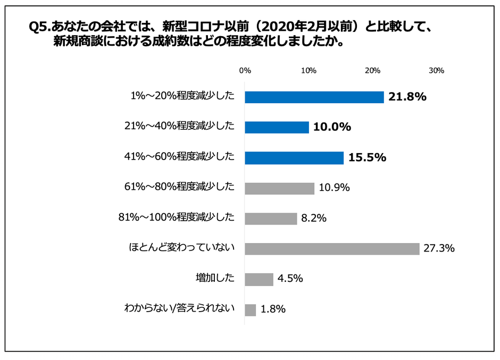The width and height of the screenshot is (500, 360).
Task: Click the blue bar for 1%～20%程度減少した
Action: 314,97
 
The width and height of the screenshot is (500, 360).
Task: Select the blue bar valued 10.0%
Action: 277,127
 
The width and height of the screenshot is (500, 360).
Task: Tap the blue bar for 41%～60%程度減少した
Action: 294,157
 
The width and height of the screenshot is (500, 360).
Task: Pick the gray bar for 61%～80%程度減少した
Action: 279,188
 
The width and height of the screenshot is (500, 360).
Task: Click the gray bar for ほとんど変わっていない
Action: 332,248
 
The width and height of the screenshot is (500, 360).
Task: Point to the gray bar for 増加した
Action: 259,279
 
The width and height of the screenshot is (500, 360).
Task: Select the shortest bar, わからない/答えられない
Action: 251,309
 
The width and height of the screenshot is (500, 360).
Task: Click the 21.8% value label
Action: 408,97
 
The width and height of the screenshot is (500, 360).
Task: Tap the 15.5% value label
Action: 367,157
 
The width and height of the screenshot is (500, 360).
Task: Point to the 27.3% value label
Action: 439,248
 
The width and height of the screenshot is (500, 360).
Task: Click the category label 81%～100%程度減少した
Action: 176,217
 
